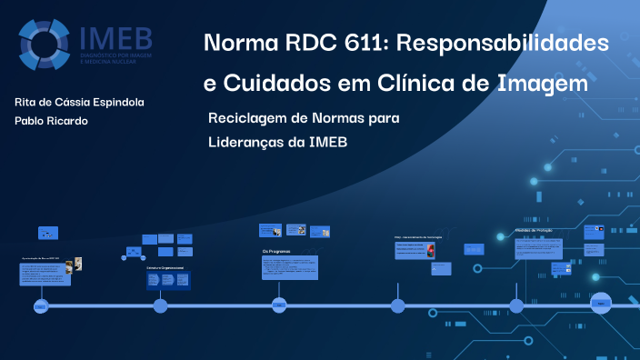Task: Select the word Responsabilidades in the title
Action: click(508, 43)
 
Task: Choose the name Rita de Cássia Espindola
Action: click(79, 102)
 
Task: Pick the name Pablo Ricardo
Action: click(52, 121)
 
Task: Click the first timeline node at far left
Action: click(41, 305)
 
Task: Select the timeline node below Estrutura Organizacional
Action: click(160, 305)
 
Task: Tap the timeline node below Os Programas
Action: click(279, 305)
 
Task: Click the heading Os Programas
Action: click(275, 250)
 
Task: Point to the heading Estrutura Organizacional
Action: click(165, 268)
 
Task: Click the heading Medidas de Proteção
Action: click(534, 231)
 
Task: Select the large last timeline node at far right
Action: click(601, 304)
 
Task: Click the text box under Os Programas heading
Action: click(290, 266)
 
